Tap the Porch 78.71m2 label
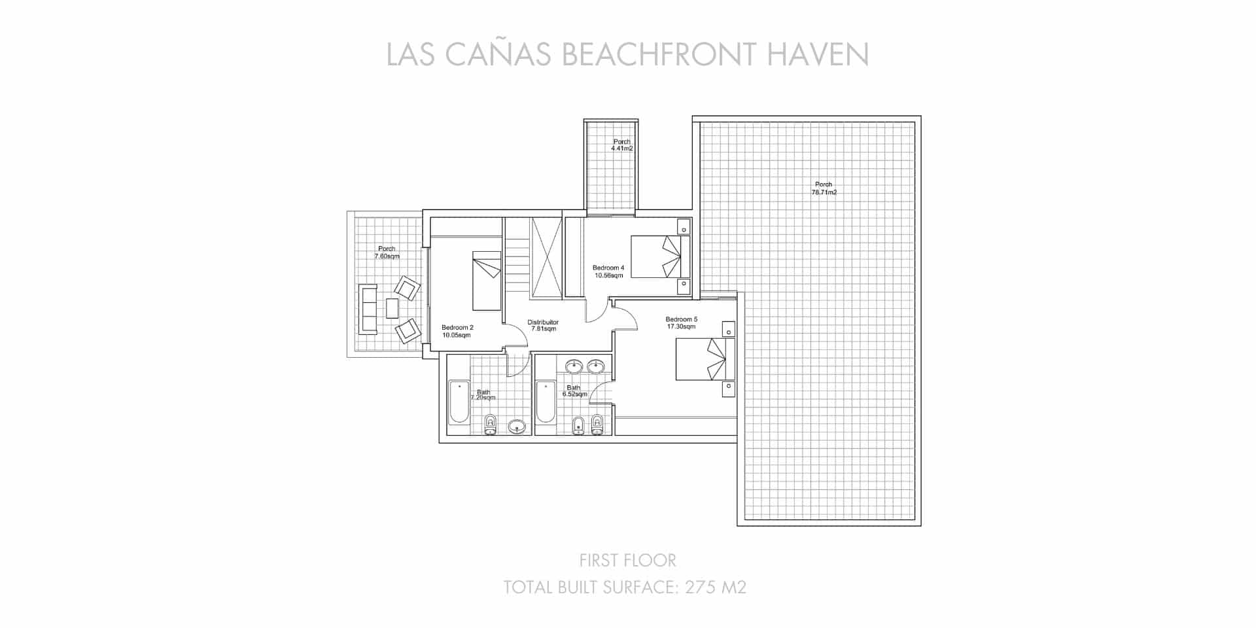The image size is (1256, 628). pyautogui.click(x=824, y=188)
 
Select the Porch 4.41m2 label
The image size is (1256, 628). pyautogui.click(x=621, y=145)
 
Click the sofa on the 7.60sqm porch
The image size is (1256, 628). pyautogui.click(x=368, y=309)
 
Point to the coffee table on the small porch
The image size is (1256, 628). pyautogui.click(x=392, y=308)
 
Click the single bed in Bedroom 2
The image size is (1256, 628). pyautogui.click(x=487, y=281)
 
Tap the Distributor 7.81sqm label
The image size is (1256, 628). pyautogui.click(x=543, y=325)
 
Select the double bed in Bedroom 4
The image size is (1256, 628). pyautogui.click(x=659, y=256)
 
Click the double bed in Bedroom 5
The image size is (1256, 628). pyautogui.click(x=704, y=358)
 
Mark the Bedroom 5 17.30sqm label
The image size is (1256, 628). pyautogui.click(x=681, y=323)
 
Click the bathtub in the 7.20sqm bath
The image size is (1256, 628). pyautogui.click(x=458, y=402)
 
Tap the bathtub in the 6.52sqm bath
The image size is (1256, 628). pyautogui.click(x=546, y=402)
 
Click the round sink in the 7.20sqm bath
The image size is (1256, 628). pyautogui.click(x=517, y=427)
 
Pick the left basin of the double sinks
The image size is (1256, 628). pyautogui.click(x=574, y=366)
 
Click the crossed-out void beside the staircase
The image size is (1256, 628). pyautogui.click(x=546, y=258)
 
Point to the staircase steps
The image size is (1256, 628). pyautogui.click(x=517, y=265)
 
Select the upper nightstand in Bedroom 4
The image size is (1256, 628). pyautogui.click(x=684, y=226)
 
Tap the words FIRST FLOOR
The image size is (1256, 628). pyautogui.click(x=627, y=560)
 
